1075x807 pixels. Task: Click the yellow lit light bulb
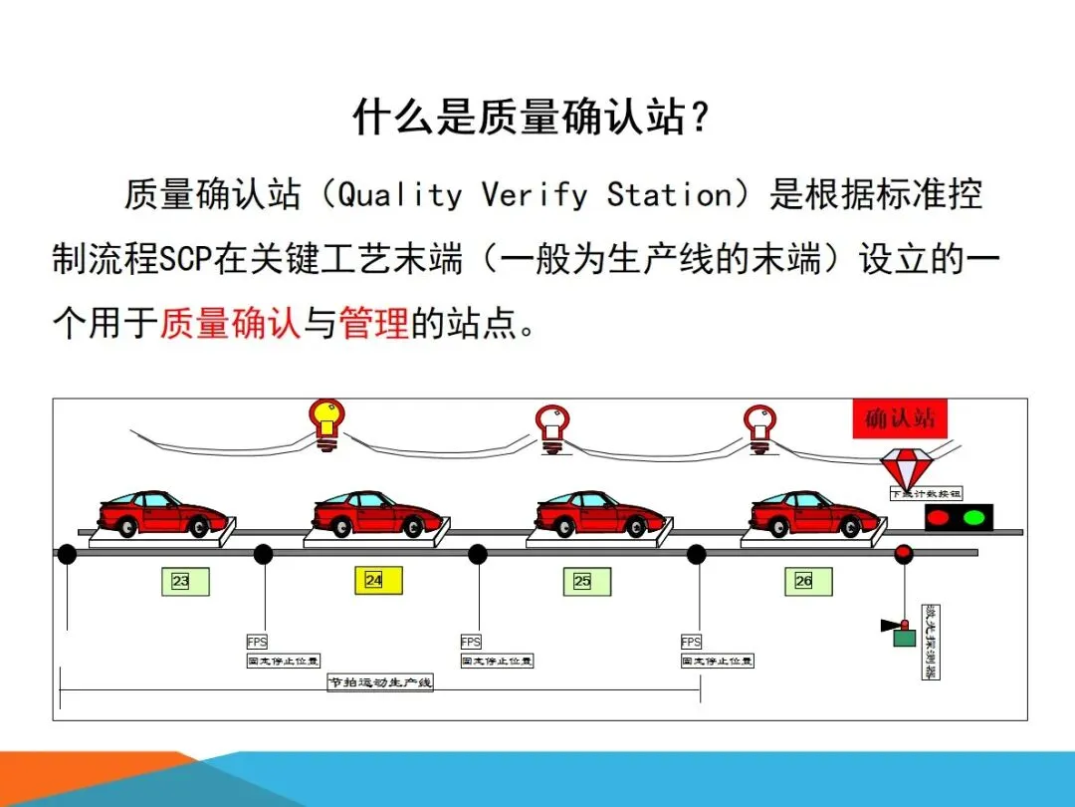coord(325,420)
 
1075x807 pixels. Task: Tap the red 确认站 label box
coord(901,418)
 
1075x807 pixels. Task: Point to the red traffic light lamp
coord(940,517)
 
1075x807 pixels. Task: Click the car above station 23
coord(160,513)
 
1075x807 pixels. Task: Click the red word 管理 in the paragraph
coord(374,323)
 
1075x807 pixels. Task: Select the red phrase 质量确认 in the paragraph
coord(230,323)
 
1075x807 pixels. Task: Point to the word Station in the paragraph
coord(669,194)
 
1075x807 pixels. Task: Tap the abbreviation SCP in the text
coord(181,259)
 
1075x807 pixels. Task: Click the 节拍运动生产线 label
coord(381,682)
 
